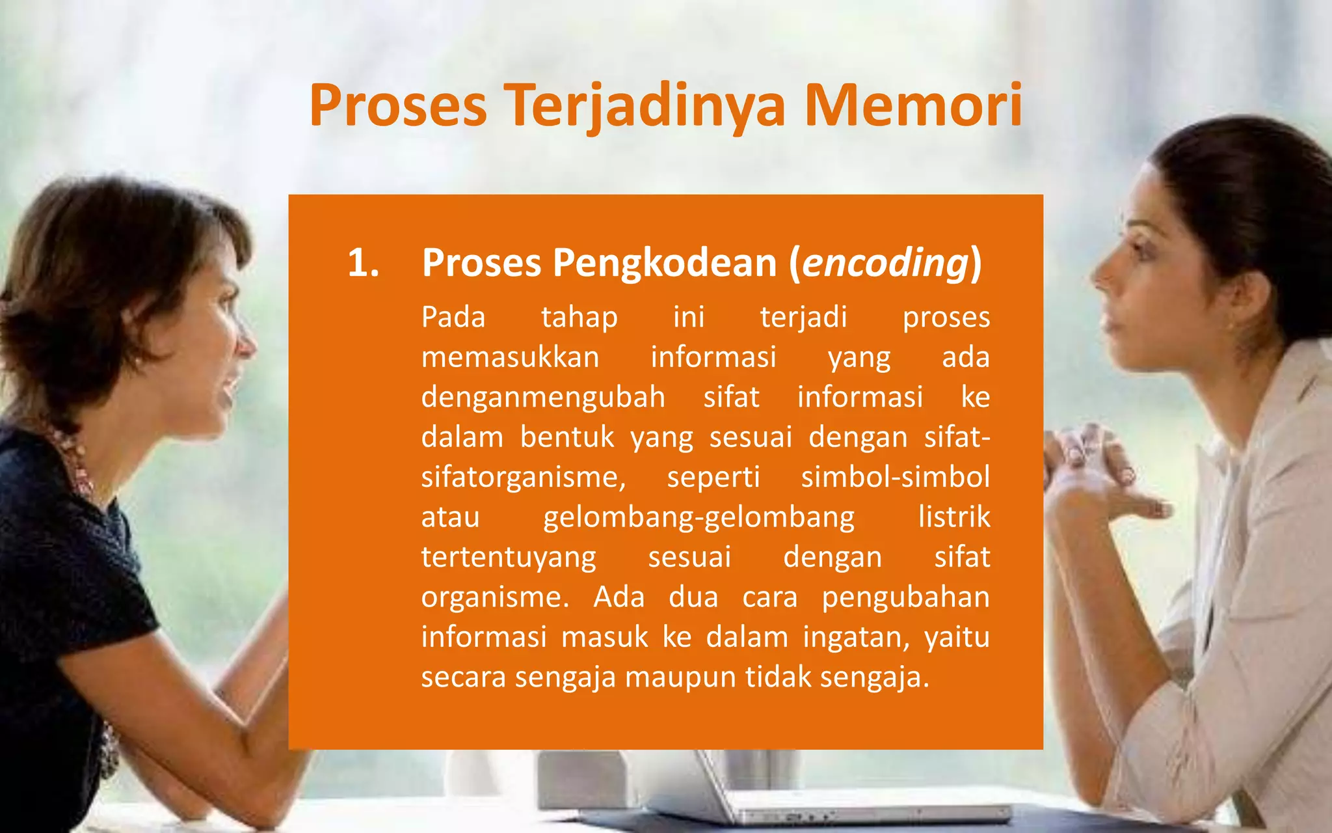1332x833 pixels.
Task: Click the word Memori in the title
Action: tap(913, 105)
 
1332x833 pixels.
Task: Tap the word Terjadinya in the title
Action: tap(645, 105)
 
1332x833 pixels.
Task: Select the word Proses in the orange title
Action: tap(398, 105)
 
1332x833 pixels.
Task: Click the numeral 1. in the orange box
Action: tap(364, 263)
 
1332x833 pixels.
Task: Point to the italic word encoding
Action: tap(886, 263)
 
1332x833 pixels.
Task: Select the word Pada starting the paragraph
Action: tap(453, 318)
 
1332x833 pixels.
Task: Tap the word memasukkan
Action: tap(510, 357)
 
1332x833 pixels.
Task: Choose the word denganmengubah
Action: tap(543, 398)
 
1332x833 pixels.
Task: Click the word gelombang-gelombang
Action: tap(699, 517)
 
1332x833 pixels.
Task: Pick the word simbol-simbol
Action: tap(895, 477)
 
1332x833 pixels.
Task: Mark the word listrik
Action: tap(954, 517)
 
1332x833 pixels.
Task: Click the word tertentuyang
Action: tap(509, 558)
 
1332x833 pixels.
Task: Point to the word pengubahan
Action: tap(905, 597)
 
